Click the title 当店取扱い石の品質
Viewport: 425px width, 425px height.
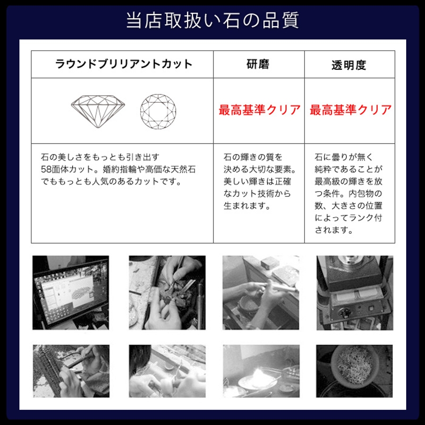point(212,20)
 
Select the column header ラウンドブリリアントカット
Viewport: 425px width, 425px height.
point(124,64)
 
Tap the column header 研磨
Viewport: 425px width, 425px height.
point(258,64)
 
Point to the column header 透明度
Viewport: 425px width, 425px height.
point(349,65)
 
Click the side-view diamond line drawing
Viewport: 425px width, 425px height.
point(98,111)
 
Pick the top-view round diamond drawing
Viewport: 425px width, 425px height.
point(158,111)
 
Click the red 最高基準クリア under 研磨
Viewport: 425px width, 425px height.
point(259,110)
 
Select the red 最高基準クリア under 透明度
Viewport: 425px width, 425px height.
point(350,110)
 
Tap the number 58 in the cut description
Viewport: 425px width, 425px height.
point(46,170)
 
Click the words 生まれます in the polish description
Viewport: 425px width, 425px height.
point(244,206)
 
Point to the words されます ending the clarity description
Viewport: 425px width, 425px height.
point(331,230)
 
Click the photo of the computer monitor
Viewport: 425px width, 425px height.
point(71,293)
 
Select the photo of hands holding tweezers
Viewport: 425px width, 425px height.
point(167,293)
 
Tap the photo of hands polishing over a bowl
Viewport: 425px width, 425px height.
point(261,293)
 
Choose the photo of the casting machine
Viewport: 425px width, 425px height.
point(355,293)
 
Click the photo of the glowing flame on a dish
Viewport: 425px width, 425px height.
point(261,371)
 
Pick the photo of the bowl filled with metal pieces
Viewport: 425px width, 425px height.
point(354,371)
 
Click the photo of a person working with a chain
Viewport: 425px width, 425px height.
point(71,371)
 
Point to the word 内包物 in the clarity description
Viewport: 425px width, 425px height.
point(365,194)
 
